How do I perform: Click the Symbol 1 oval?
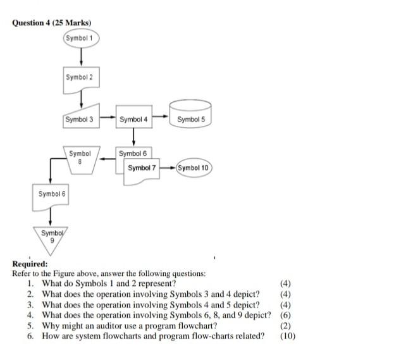point(81,38)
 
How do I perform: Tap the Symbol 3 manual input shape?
point(82,118)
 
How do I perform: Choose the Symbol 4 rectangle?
point(134,118)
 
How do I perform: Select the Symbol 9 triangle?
point(49,239)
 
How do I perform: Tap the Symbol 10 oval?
point(194,168)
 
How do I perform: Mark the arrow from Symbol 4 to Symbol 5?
point(161,118)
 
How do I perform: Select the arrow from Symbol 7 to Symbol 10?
point(168,168)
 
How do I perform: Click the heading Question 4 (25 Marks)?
point(52,23)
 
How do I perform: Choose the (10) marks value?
point(287,335)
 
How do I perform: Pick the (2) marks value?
point(285,325)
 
